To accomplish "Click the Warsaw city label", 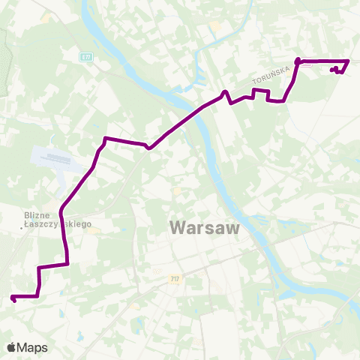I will click(204, 226).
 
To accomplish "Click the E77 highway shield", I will click(88, 56).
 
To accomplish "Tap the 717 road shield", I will click(175, 278).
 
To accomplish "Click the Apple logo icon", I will click(12, 347).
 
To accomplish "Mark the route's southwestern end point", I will click(13, 299).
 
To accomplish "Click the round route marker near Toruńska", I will click(298, 60).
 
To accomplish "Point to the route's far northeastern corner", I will click(348, 61).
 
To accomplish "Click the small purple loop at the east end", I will click(337, 70).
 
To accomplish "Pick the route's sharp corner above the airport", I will click(106, 138).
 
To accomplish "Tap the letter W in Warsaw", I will click(179, 226).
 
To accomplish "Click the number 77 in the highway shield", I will click(89, 56).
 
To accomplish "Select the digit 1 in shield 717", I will click(175, 278).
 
